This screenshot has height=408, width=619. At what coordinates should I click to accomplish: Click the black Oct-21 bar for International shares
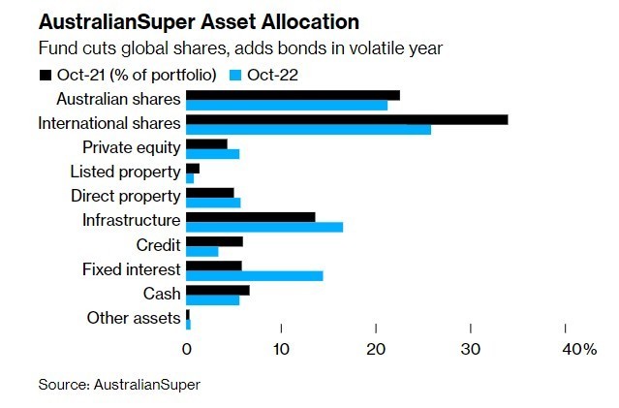[347, 119]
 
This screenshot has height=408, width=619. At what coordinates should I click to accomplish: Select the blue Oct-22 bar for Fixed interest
[254, 275]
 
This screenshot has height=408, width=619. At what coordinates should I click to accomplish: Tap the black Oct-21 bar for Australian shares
[293, 95]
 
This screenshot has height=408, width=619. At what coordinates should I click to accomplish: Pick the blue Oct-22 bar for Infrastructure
[263, 227]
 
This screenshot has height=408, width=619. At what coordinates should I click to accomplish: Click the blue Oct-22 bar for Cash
[212, 299]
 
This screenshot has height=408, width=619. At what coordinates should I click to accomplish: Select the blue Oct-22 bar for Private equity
[212, 154]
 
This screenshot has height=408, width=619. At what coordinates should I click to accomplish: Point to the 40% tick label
[579, 349]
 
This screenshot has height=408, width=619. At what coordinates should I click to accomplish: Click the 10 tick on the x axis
[281, 349]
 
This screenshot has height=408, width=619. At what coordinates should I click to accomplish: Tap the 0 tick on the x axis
[187, 349]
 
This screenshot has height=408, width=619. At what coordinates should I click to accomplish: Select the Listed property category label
[125, 172]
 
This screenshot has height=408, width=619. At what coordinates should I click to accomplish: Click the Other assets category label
[134, 317]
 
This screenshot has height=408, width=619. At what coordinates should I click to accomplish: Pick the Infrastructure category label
[132, 220]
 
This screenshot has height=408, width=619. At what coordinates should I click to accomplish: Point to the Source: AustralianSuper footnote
[119, 385]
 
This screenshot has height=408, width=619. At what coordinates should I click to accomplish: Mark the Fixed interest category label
[132, 268]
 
